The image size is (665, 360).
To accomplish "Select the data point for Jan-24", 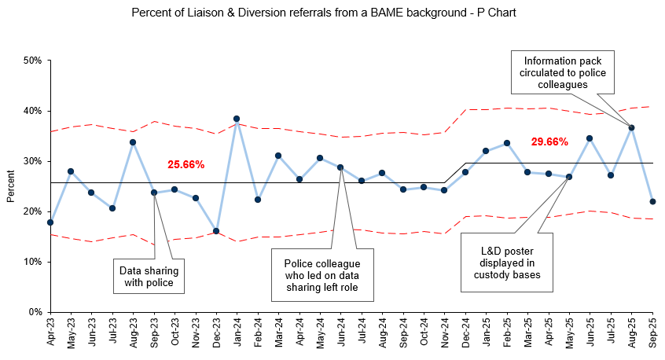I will tap(237, 119).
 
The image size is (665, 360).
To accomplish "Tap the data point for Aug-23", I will tap(133, 142).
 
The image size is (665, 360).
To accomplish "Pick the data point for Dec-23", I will tap(216, 231).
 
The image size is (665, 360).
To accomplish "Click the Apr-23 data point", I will tap(50, 222).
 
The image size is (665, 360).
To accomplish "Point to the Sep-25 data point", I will tap(652, 202).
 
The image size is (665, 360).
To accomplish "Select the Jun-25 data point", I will tap(590, 138).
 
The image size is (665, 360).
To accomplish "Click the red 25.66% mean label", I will tap(186, 165).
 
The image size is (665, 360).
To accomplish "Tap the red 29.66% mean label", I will tap(549, 142).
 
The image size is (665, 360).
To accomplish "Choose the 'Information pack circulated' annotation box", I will tap(561, 72).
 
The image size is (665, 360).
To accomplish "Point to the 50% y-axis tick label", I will tap(32, 61).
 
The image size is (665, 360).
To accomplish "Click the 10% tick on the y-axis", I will tap(32, 262).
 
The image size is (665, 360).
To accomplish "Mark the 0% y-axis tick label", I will tap(35, 312).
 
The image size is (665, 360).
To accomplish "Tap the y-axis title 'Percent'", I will tap(11, 186).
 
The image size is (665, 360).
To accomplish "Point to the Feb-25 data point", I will tap(507, 143).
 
